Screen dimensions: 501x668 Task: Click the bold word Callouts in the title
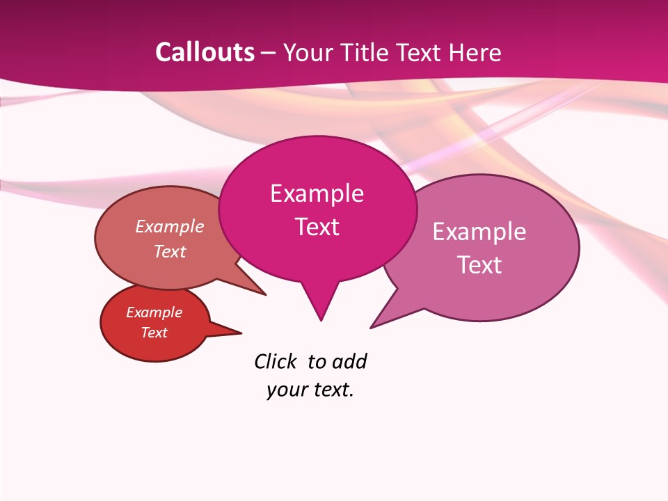[205, 52]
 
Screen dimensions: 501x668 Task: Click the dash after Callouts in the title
[269, 53]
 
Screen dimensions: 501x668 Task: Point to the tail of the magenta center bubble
[320, 303]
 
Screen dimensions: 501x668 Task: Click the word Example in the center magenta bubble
[317, 193]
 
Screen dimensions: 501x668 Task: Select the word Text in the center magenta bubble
[317, 227]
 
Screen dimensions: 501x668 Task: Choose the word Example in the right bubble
[479, 232]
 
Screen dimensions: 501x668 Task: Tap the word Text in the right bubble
[479, 265]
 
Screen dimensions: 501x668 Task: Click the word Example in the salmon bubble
[170, 226]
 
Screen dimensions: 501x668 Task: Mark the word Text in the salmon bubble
[170, 251]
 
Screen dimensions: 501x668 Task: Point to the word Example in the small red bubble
[154, 312]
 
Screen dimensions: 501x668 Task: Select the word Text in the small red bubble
[154, 333]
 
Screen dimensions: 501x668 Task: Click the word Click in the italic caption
[275, 361]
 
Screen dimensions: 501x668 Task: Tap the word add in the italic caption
[349, 361]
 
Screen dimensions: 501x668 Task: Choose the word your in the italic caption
[287, 390]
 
